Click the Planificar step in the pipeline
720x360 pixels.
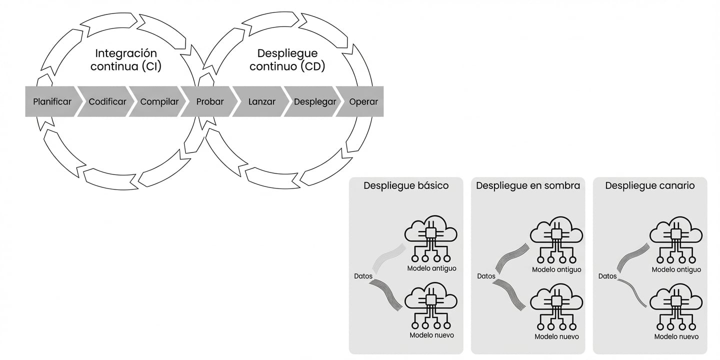pyautogui.click(x=51, y=101)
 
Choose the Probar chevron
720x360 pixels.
pyautogui.click(x=209, y=101)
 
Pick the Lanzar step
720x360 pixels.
pyautogui.click(x=261, y=101)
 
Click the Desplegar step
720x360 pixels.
pyautogui.click(x=313, y=101)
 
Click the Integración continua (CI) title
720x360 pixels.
pyautogui.click(x=125, y=60)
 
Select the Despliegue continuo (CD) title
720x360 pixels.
pyautogui.click(x=287, y=60)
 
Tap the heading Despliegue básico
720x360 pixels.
pyautogui.click(x=406, y=186)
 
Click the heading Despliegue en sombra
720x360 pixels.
pyautogui.click(x=528, y=186)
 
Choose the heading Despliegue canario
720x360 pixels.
pyautogui.click(x=649, y=186)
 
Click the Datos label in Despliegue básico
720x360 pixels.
pyautogui.click(x=363, y=276)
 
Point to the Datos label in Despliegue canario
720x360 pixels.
pyautogui.click(x=607, y=276)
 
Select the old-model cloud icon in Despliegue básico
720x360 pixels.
pyautogui.click(x=431, y=239)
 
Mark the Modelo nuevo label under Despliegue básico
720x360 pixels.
pyautogui.click(x=431, y=335)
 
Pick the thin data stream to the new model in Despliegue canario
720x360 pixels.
pyautogui.click(x=632, y=293)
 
